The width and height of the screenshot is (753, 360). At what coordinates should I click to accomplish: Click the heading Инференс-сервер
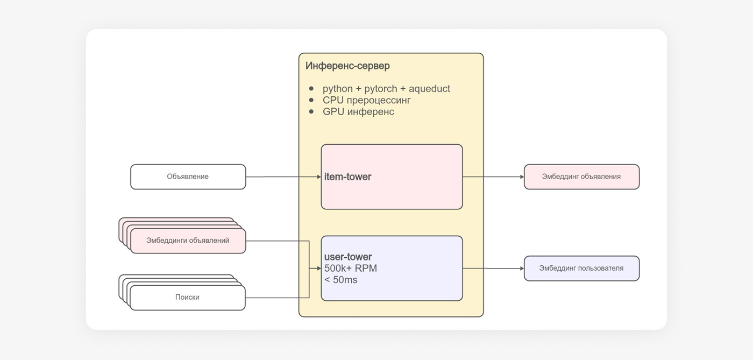pos(347,66)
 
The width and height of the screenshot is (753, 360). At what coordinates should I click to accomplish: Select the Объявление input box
pos(188,177)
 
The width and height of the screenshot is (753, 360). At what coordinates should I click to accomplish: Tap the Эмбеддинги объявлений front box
pos(188,241)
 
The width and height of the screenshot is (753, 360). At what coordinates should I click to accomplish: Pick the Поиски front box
pos(187,298)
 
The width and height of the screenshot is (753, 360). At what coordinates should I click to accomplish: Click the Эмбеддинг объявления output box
pos(581,177)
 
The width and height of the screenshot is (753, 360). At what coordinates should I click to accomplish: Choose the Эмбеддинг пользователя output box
pos(581,268)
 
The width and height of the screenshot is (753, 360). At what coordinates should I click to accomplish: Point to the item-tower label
pos(347,177)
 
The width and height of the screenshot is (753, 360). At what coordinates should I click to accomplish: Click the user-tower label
pos(348,257)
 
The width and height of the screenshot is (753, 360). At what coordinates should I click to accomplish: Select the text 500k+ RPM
pos(351,268)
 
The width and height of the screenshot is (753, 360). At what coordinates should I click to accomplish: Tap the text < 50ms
pos(341,280)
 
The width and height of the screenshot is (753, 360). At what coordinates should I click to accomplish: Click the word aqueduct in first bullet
pos(429,89)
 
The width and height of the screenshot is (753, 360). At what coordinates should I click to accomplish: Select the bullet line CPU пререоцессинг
pos(367,100)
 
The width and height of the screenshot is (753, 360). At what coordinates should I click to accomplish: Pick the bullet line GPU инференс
pos(358,111)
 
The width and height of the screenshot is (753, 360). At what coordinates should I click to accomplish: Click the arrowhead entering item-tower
pos(318,177)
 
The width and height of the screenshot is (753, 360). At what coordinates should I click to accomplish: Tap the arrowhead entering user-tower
pos(318,268)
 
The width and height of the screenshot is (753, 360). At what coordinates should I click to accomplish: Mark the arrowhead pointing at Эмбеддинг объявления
pos(521,177)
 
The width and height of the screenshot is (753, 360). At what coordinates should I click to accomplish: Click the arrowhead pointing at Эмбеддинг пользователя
pos(521,268)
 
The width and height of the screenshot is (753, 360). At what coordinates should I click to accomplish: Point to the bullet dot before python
pos(311,88)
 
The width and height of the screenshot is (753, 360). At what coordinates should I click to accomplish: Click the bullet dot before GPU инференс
pos(311,111)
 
